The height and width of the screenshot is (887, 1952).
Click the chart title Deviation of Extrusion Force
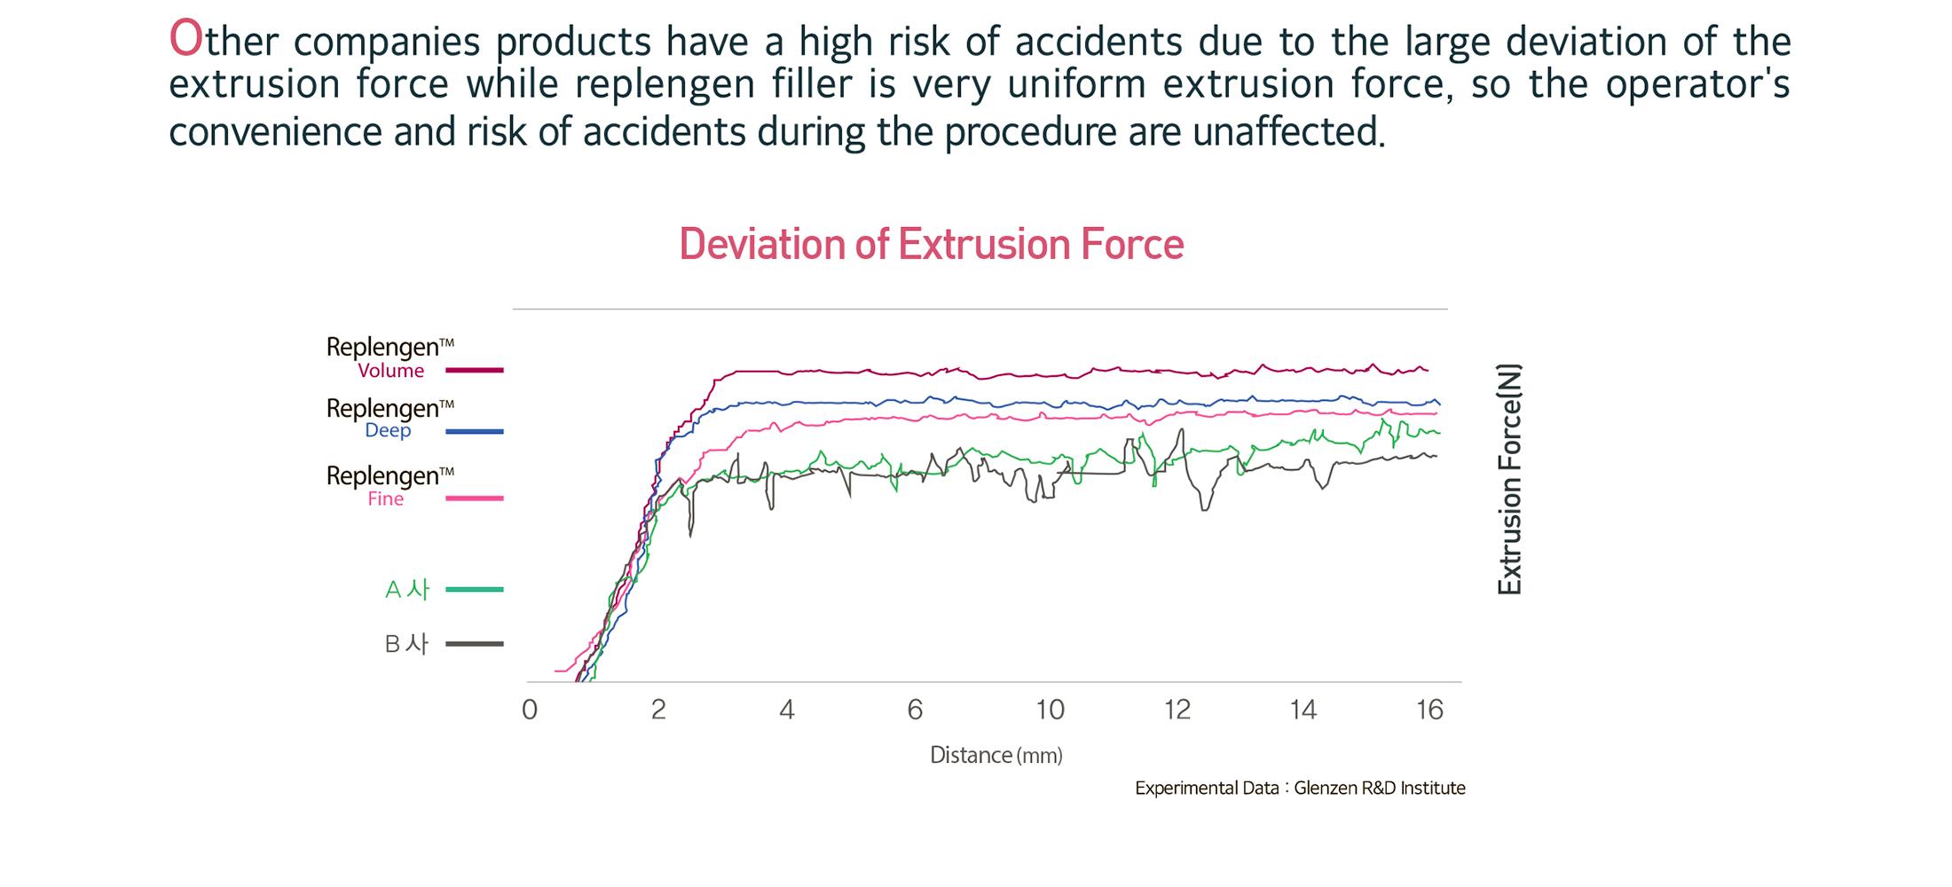(931, 244)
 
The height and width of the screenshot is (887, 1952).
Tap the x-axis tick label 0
(530, 710)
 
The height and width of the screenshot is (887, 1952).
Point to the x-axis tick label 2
(658, 710)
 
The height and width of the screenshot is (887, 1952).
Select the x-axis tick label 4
(787, 710)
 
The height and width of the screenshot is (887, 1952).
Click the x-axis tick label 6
(915, 710)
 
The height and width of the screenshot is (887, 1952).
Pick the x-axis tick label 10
(1050, 710)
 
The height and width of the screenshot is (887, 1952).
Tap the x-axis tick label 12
(1177, 710)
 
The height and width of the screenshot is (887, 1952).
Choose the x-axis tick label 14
(1303, 710)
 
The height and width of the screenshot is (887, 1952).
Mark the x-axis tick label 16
(1429, 710)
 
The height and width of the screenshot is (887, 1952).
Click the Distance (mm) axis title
(996, 756)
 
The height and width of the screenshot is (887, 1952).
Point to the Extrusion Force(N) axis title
(1509, 479)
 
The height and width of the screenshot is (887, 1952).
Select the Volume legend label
(390, 371)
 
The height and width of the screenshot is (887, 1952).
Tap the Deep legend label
(388, 430)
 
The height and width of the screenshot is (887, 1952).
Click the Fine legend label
(385, 498)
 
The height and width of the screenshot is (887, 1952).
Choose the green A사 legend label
(406, 589)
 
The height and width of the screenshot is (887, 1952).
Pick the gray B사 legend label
(406, 644)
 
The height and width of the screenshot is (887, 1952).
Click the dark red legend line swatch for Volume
(474, 370)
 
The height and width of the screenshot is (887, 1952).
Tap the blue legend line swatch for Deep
(474, 431)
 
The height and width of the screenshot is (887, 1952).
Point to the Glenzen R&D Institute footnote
(1300, 788)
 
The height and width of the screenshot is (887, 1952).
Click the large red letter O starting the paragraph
(186, 39)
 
